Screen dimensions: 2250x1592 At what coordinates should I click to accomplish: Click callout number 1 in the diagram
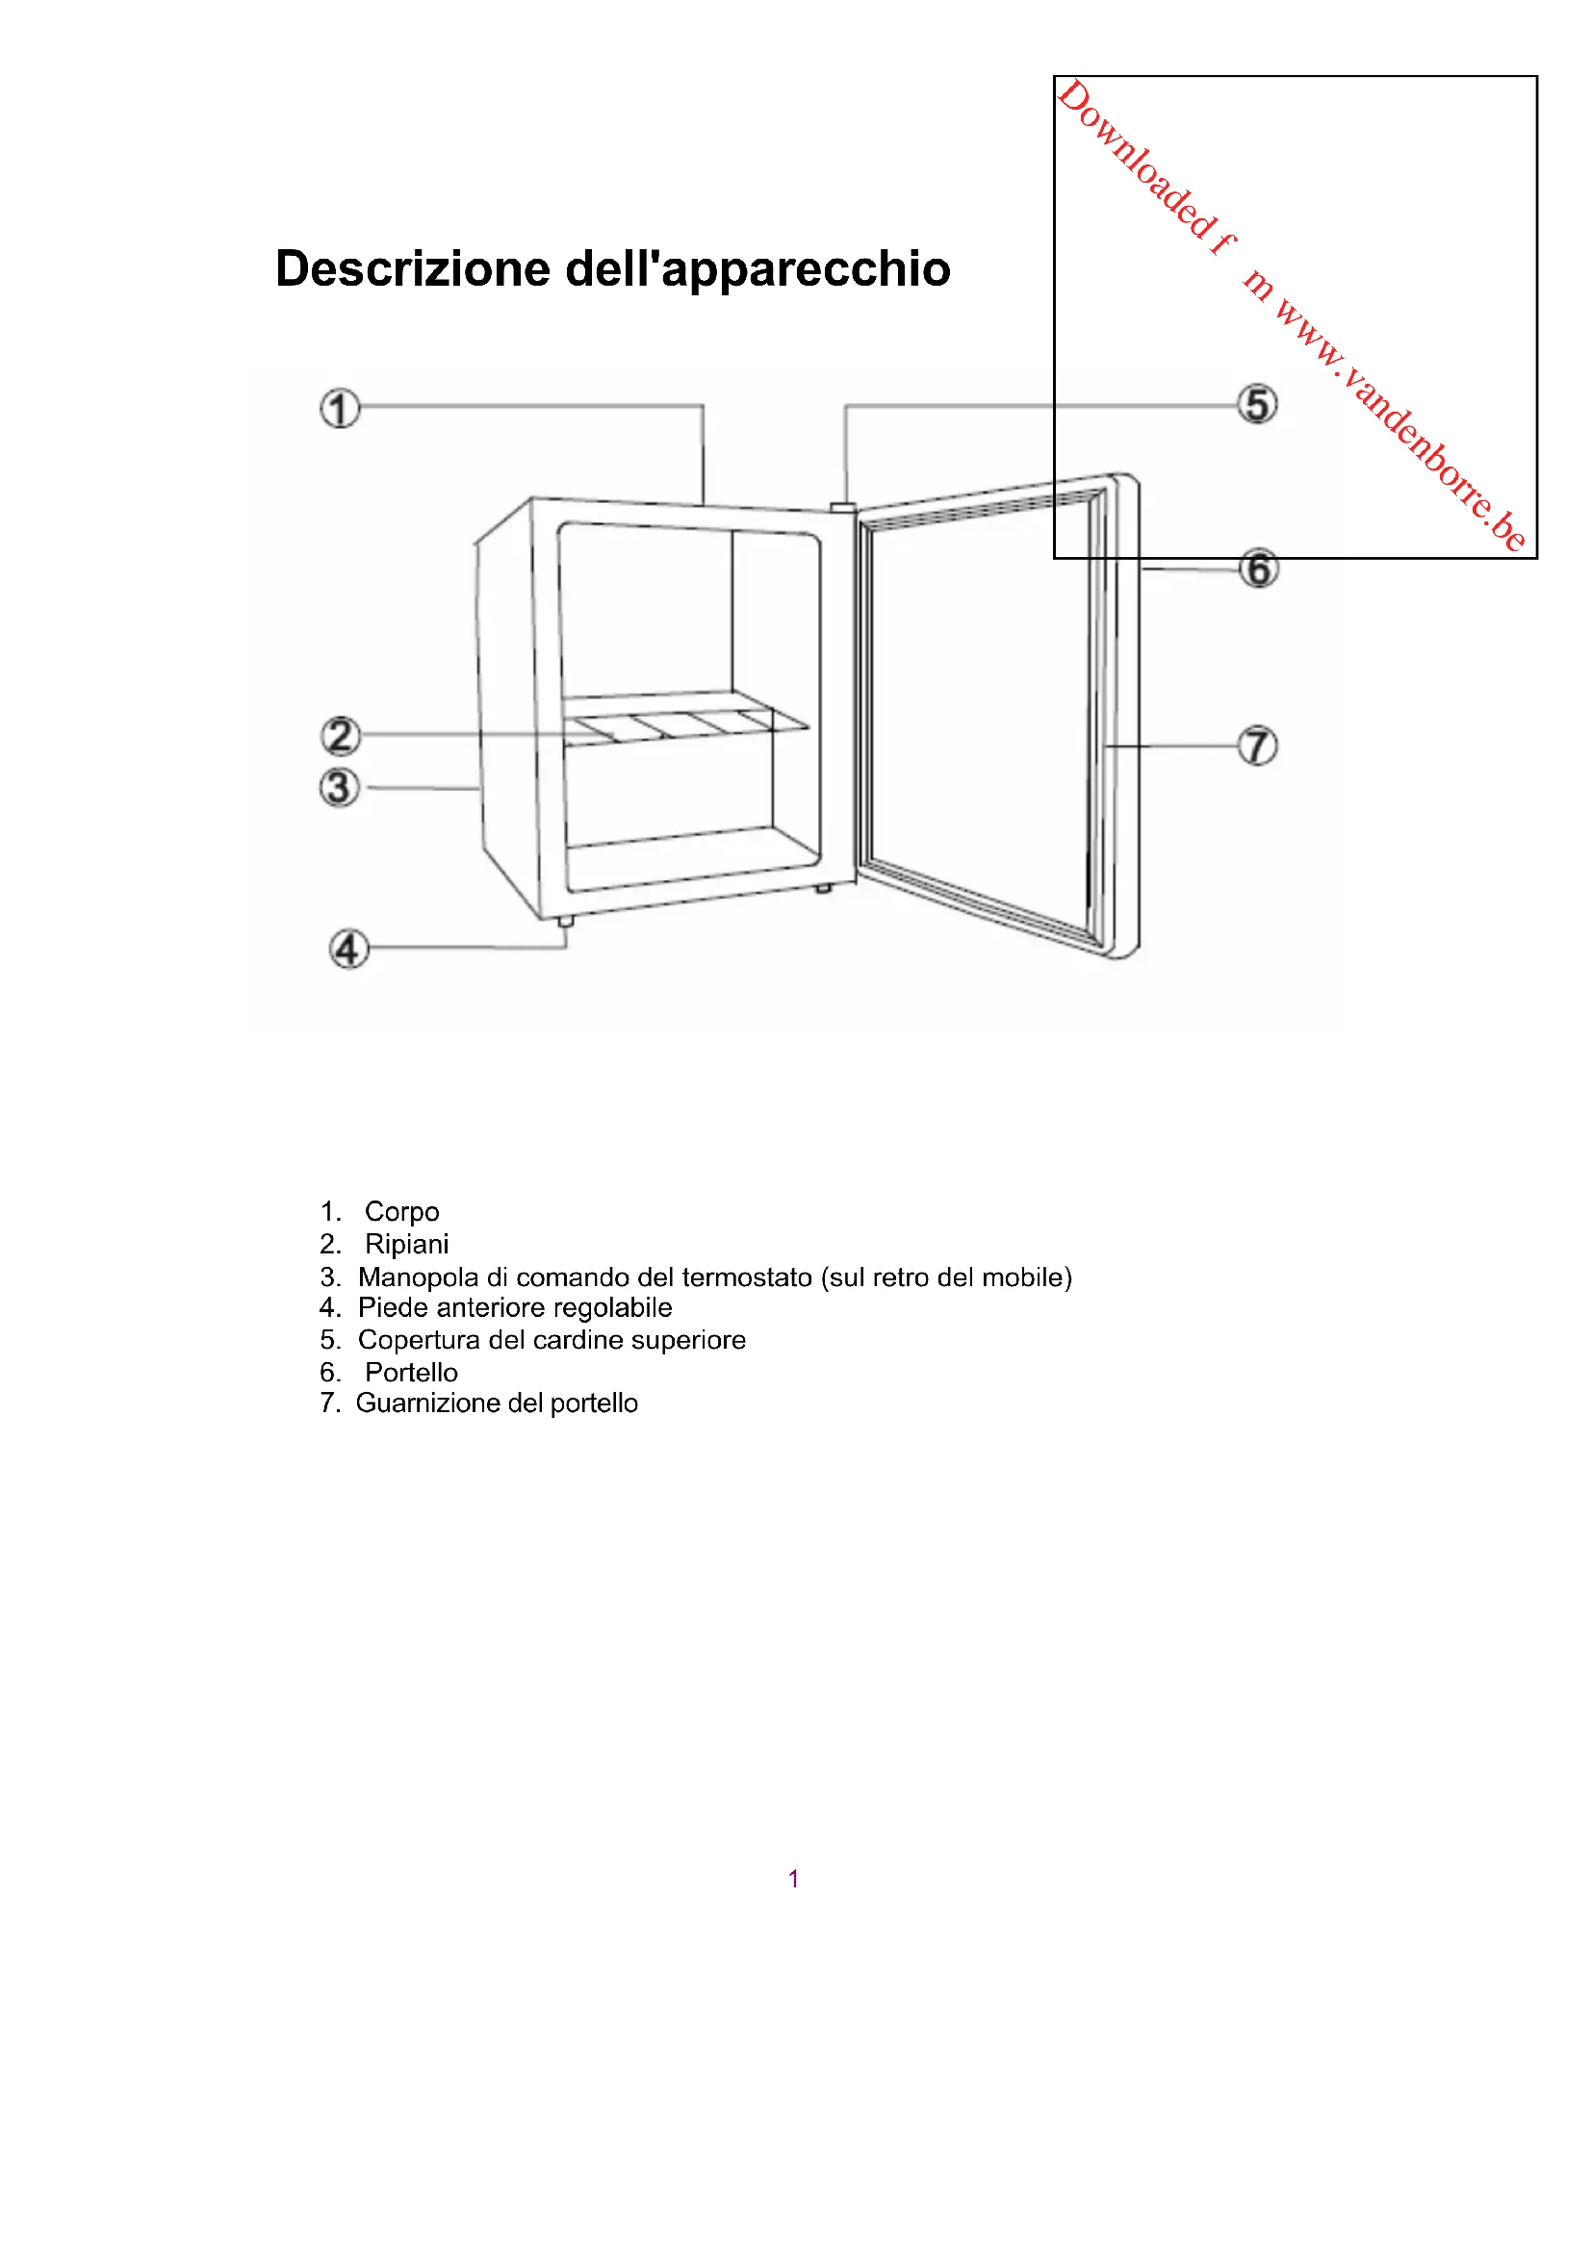339,409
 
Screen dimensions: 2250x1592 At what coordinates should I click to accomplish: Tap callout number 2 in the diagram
340,736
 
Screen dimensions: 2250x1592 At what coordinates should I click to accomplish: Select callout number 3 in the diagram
339,788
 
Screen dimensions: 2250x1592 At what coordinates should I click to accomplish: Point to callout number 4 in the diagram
348,948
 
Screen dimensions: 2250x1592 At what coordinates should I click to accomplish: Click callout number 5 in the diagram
1257,405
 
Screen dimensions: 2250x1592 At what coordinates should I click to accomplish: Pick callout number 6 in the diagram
1259,569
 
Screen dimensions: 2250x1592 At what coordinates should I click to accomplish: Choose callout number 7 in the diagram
1258,746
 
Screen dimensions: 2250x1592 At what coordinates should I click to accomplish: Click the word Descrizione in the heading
413,269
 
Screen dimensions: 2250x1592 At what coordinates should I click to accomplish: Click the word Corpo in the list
402,1212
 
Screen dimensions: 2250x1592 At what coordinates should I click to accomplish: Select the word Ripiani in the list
407,1245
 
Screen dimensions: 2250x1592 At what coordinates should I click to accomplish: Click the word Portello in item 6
411,1373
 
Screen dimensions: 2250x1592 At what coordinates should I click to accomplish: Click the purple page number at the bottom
793,1879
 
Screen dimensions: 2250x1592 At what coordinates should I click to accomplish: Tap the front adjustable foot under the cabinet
566,923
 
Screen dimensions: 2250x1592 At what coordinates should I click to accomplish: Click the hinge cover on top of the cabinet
842,508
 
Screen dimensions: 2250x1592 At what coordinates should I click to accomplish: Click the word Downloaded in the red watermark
1137,159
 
